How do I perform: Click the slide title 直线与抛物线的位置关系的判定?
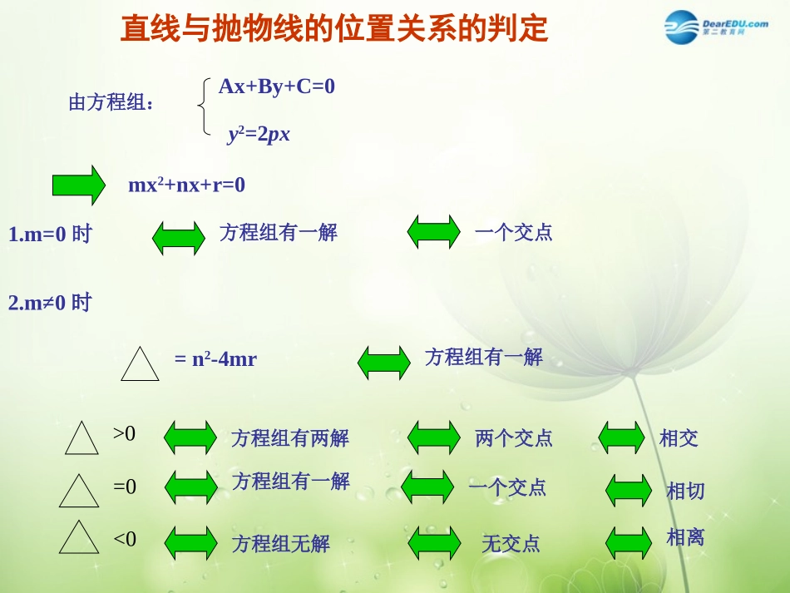point(334,29)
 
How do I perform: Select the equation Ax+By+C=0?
point(276,86)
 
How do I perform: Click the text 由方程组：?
point(111,103)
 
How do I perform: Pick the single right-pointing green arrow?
point(79,185)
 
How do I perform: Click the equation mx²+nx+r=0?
point(186,185)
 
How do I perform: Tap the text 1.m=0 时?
point(49,235)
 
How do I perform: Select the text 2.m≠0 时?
point(49,303)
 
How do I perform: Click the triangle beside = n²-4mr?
point(140,364)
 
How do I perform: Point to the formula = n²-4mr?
point(215,359)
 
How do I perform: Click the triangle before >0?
point(81,438)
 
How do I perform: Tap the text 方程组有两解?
point(290,438)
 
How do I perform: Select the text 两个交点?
point(514,438)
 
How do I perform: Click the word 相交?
point(679,438)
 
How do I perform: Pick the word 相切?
point(685,491)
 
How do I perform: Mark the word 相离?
point(685,537)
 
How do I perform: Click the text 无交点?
point(511,544)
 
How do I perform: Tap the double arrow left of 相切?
point(629,490)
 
